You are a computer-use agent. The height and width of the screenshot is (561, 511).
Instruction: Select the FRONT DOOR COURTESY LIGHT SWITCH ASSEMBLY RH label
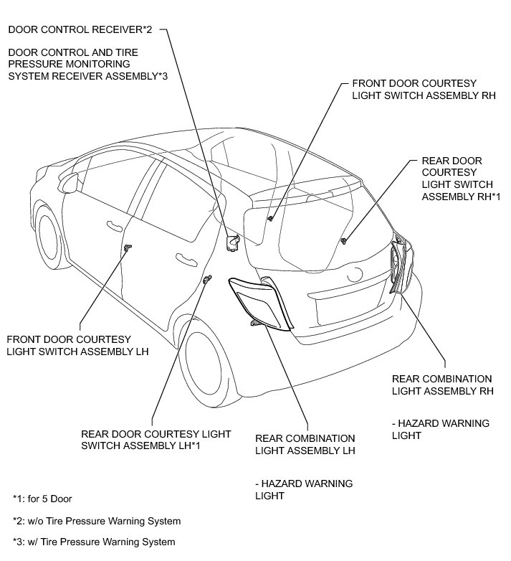[409, 90]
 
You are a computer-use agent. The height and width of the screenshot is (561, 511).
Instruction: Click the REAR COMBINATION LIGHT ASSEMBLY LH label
[306, 445]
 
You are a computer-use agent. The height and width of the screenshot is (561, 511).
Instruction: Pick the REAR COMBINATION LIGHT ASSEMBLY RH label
[442, 385]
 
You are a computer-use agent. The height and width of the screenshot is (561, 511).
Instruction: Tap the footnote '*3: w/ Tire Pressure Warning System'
[94, 542]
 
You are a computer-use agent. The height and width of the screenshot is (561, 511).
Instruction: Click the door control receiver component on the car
[233, 243]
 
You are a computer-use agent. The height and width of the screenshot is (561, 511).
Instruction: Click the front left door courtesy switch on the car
[128, 248]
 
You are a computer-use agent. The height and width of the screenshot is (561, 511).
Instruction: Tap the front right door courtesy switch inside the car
[271, 217]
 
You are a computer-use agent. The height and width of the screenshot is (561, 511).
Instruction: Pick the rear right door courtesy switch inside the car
[345, 240]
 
